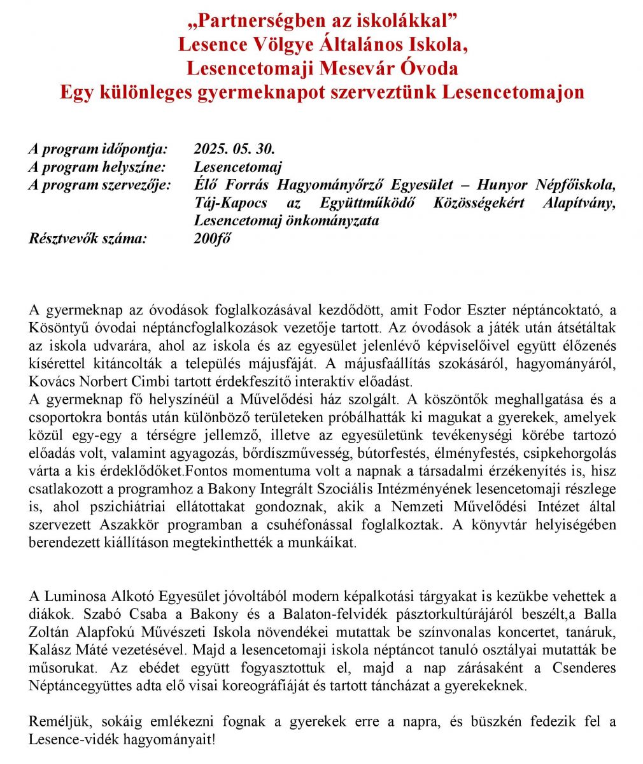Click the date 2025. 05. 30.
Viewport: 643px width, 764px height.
[234, 149]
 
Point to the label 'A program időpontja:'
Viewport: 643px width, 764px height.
[97, 149]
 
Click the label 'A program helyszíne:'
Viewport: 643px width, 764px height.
[97, 167]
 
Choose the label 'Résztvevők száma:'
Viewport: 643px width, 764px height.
[87, 239]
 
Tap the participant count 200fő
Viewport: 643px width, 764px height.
[212, 239]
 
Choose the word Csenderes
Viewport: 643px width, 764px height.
[581, 668]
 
